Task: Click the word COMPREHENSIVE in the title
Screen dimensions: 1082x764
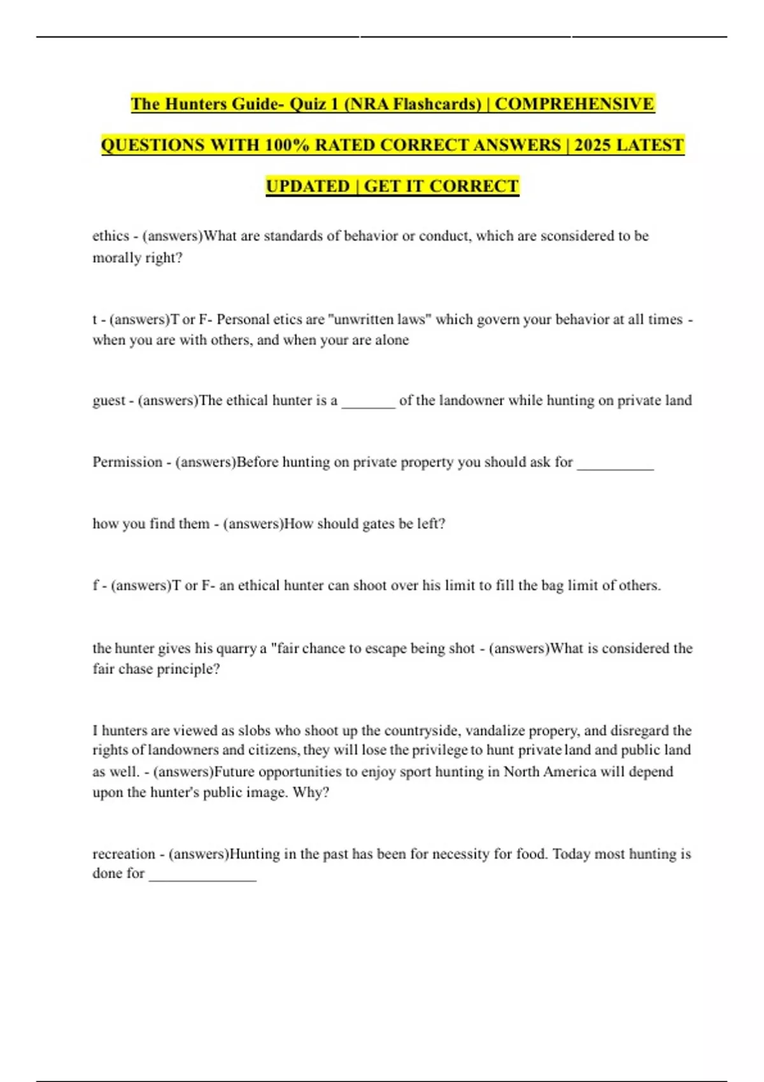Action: coord(574,104)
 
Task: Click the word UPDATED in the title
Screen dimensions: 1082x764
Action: coord(308,186)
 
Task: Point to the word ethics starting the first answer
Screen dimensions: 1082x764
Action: coord(111,236)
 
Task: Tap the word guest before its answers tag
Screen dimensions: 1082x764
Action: coord(109,400)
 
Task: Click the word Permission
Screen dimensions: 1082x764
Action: coord(127,462)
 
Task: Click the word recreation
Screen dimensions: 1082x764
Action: coord(124,854)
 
